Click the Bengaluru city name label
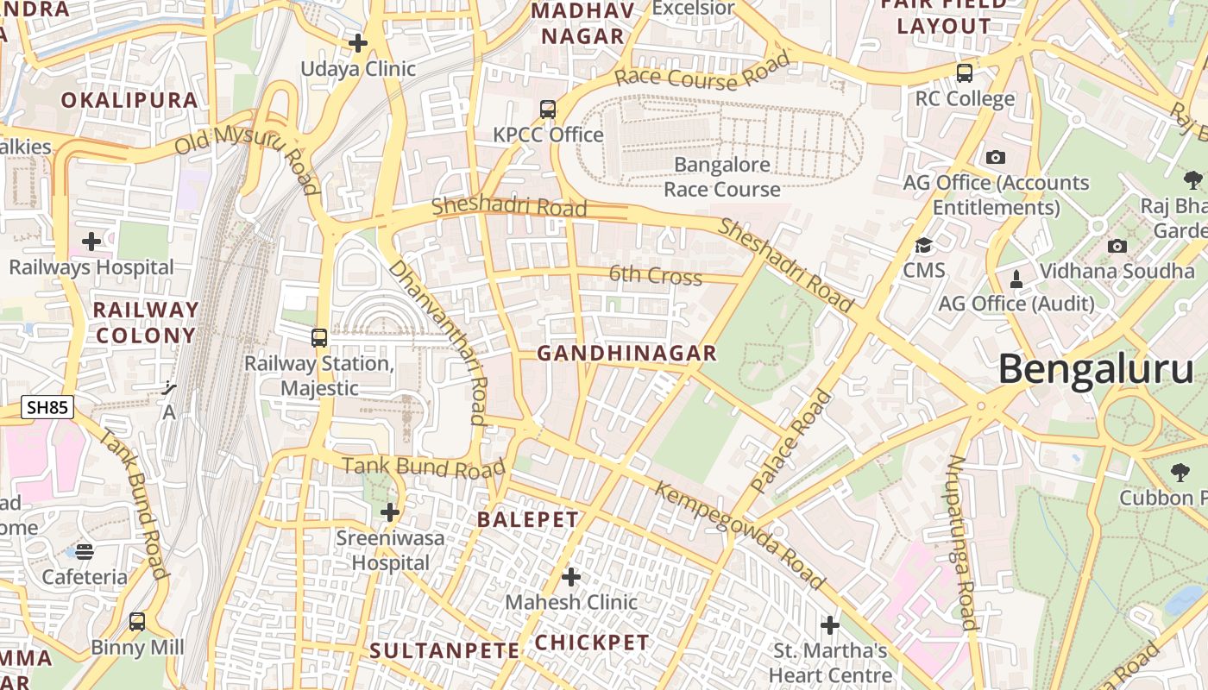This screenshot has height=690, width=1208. [1096, 370]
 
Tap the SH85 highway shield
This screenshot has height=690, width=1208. [47, 408]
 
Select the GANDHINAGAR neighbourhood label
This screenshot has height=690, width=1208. [626, 353]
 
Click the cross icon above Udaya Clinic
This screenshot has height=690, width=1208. [358, 42]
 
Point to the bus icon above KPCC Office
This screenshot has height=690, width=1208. [548, 110]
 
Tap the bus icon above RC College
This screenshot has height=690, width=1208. [965, 73]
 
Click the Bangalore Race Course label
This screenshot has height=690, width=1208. [722, 177]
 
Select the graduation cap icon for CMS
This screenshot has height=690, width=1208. [924, 246]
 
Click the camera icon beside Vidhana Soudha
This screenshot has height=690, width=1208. [1117, 247]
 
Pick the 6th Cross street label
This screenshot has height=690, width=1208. [656, 275]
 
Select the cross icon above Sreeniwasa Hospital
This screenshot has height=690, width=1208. [390, 512]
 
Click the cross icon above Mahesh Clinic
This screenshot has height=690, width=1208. [570, 576]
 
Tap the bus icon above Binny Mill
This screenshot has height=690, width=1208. [137, 621]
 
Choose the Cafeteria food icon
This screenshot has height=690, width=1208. [85, 551]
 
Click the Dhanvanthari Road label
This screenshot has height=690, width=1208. [438, 342]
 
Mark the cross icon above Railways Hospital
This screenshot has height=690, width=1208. [91, 241]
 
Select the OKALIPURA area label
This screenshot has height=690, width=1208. [129, 100]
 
